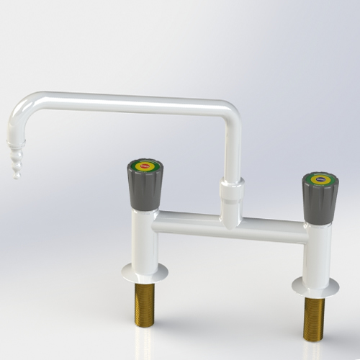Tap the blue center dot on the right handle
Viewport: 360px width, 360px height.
tap(320, 179)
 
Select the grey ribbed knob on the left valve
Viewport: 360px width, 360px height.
tap(145, 189)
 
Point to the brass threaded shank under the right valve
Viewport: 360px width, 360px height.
tap(314, 317)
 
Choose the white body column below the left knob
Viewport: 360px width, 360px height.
tap(144, 238)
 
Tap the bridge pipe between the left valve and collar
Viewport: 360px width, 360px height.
tap(187, 221)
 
